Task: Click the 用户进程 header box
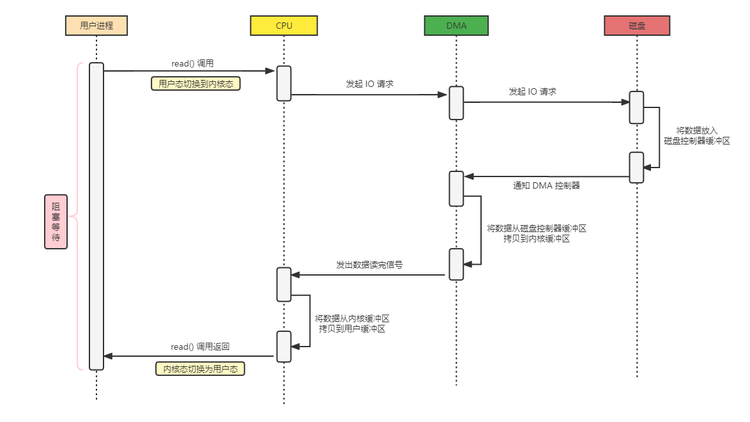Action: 96,26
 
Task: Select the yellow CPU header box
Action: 284,26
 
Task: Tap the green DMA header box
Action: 456,26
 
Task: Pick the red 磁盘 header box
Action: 637,26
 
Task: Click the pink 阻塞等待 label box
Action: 56,221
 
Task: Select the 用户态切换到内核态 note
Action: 195,83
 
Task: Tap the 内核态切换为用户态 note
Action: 200,369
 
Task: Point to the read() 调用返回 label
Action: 200,347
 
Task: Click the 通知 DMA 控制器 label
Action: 546,185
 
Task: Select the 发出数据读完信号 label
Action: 369,264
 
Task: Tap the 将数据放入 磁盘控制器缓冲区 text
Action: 696,136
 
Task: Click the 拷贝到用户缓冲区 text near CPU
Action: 352,329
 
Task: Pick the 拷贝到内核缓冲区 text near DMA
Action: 536,238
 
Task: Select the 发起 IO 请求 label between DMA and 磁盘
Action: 532,91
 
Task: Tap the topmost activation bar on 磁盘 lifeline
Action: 636,107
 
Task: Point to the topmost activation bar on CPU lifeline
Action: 284,83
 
